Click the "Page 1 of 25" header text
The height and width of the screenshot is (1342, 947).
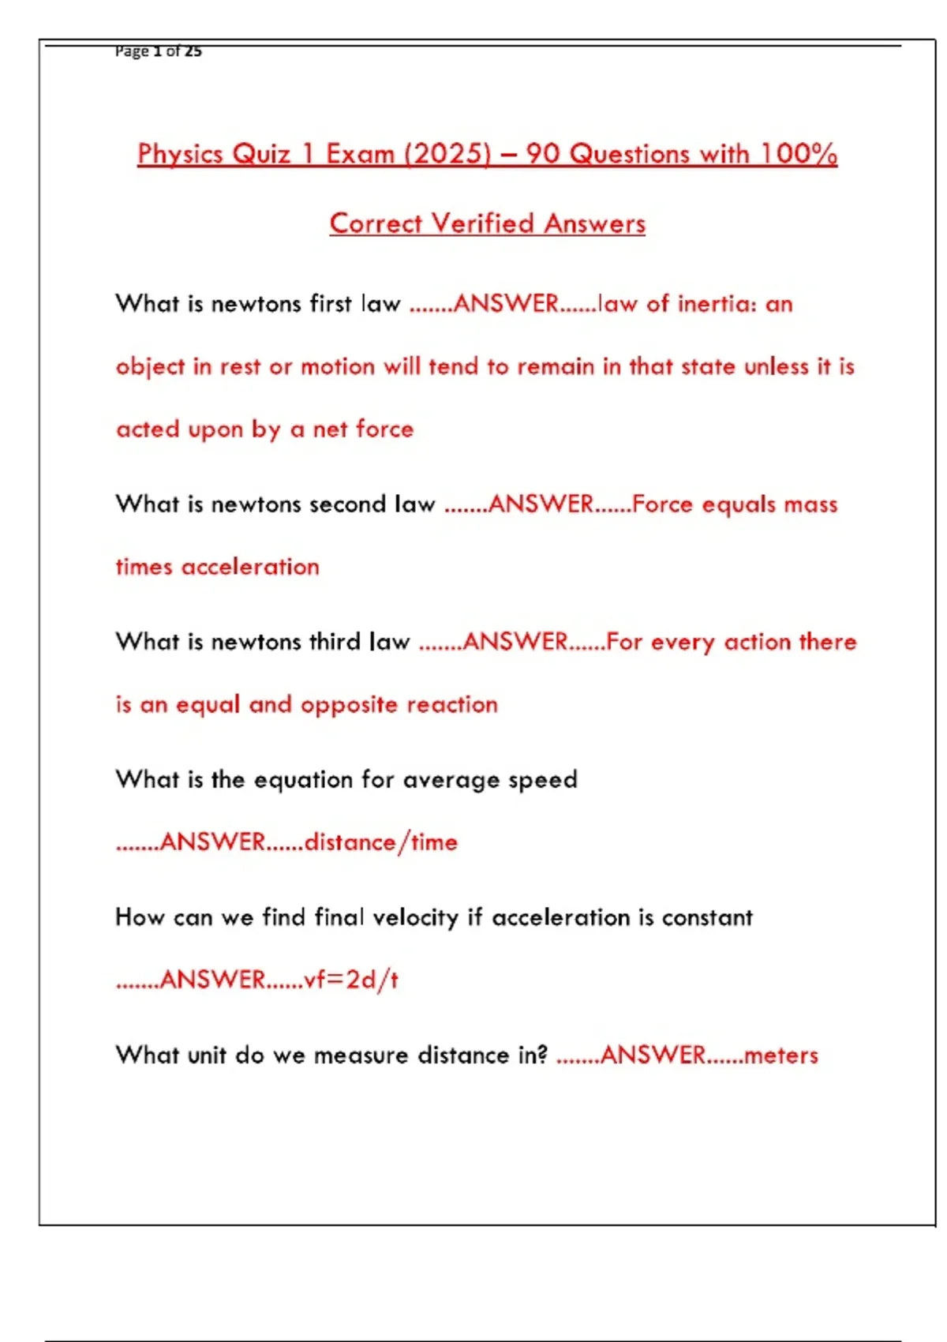pyautogui.click(x=158, y=51)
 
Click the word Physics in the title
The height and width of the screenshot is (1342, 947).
pyautogui.click(x=181, y=153)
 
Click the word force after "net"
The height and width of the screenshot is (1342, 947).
pyautogui.click(x=384, y=429)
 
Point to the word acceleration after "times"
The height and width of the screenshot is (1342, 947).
pyautogui.click(x=250, y=567)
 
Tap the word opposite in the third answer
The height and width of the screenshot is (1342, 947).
pyautogui.click(x=349, y=704)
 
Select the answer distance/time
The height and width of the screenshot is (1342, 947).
pyautogui.click(x=381, y=842)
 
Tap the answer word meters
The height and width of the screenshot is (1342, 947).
pyautogui.click(x=780, y=1055)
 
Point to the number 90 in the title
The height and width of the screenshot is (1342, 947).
pyautogui.click(x=543, y=153)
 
